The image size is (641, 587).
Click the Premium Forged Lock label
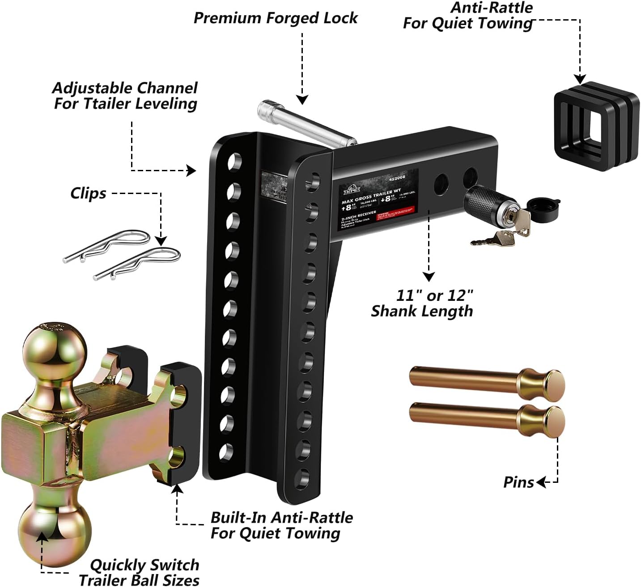pyautogui.click(x=275, y=18)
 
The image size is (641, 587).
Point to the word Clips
pyautogui.click(x=88, y=194)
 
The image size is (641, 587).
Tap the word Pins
pyautogui.click(x=518, y=482)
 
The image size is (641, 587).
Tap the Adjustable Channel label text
pyautogui.click(x=125, y=96)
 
